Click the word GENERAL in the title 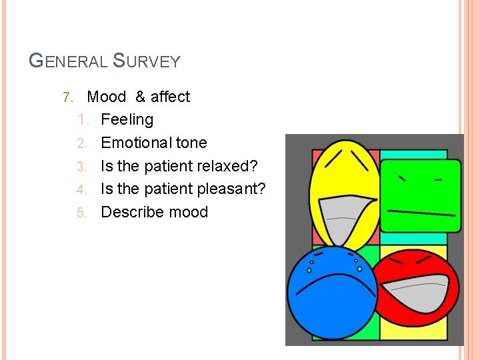tap(68, 61)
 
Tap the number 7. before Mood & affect tap(67, 97)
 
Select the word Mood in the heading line tap(106, 97)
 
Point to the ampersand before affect tap(140, 97)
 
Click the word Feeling tap(127, 120)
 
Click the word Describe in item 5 tap(130, 212)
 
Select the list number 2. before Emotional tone tap(81, 143)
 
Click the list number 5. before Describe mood tap(81, 213)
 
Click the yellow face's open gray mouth tap(346, 217)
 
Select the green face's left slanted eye tap(403, 178)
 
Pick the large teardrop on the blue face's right tap(359, 269)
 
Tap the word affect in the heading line tap(170, 97)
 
